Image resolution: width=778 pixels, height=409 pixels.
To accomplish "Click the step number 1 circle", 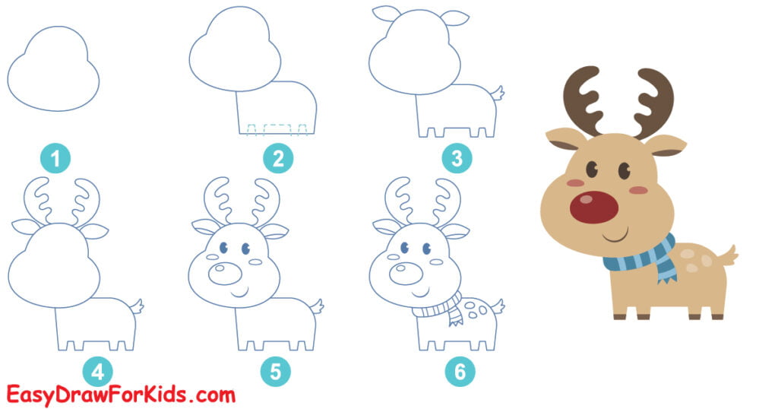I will (x=55, y=160).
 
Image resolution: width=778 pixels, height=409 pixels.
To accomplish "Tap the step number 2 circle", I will (x=278, y=160).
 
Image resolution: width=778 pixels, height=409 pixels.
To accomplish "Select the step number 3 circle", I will (x=457, y=160).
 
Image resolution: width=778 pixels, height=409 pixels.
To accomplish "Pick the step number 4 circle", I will (x=97, y=372).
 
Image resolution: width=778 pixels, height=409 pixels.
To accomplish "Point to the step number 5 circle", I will (x=275, y=372).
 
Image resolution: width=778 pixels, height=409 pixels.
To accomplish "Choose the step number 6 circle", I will (x=460, y=372).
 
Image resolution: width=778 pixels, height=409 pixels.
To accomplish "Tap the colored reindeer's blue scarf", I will (x=642, y=258).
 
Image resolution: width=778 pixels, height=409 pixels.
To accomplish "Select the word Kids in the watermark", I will (x=172, y=395).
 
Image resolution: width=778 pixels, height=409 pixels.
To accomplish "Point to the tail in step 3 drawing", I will (x=498, y=95).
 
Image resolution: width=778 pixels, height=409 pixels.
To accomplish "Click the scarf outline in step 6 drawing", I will (x=436, y=309).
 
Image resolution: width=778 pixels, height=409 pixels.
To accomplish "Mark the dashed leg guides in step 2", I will (x=277, y=128).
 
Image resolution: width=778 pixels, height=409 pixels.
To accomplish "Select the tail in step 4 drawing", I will (x=138, y=306).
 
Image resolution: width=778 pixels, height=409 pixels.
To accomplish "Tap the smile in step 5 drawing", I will (x=240, y=292).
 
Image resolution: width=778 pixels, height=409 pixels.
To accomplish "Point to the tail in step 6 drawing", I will (x=498, y=306).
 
